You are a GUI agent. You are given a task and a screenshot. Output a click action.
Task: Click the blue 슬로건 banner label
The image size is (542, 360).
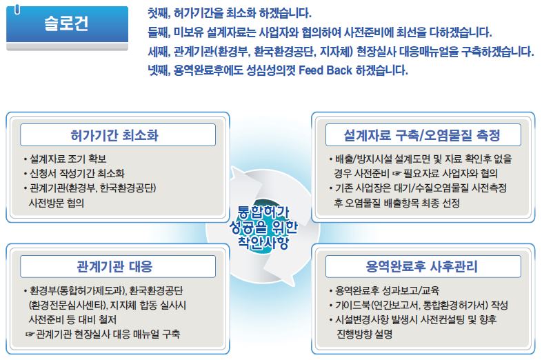pyautogui.click(x=66, y=23)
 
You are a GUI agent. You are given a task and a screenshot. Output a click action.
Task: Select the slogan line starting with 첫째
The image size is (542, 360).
pyautogui.click(x=230, y=13)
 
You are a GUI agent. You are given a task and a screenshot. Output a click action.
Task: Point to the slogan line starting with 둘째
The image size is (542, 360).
pyautogui.click(x=320, y=32)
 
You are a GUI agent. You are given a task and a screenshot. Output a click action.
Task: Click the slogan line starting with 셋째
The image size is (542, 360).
pyautogui.click(x=341, y=51)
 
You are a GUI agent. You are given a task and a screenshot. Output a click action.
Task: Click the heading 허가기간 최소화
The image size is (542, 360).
pyautogui.click(x=114, y=135)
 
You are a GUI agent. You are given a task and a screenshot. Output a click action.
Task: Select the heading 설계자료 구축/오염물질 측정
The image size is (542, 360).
pyautogui.click(x=422, y=135)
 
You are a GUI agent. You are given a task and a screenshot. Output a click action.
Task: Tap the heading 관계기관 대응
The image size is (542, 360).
pyautogui.click(x=114, y=266)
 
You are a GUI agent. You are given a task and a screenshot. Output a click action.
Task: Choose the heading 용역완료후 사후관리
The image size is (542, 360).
pyautogui.click(x=422, y=266)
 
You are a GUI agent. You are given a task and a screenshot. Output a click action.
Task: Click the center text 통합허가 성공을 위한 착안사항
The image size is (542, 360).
pyautogui.click(x=263, y=227)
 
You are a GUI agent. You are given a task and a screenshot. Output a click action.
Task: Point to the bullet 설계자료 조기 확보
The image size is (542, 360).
pyautogui.click(x=65, y=159)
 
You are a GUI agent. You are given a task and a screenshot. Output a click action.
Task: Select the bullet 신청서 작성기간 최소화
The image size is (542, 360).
pyautogui.click(x=74, y=173)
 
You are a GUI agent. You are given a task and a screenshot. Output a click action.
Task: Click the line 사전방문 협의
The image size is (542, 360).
pyautogui.click(x=57, y=203)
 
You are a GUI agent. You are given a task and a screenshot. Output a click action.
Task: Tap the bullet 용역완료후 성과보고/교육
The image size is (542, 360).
pyautogui.click(x=384, y=290)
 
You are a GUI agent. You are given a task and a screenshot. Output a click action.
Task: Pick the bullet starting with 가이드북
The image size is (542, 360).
pyautogui.click(x=419, y=305)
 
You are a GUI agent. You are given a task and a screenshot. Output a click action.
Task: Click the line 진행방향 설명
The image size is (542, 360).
pyautogui.click(x=365, y=334)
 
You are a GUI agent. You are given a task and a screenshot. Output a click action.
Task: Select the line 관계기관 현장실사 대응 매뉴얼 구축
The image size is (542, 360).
pyautogui.click(x=103, y=334)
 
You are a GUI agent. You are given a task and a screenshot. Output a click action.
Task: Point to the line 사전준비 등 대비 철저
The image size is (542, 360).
pyautogui.click(x=72, y=319)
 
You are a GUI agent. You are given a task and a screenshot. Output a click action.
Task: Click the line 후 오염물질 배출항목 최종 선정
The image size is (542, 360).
pyautogui.click(x=397, y=203)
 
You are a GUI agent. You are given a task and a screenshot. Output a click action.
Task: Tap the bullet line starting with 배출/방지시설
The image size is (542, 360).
pyautogui.click(x=421, y=159)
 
